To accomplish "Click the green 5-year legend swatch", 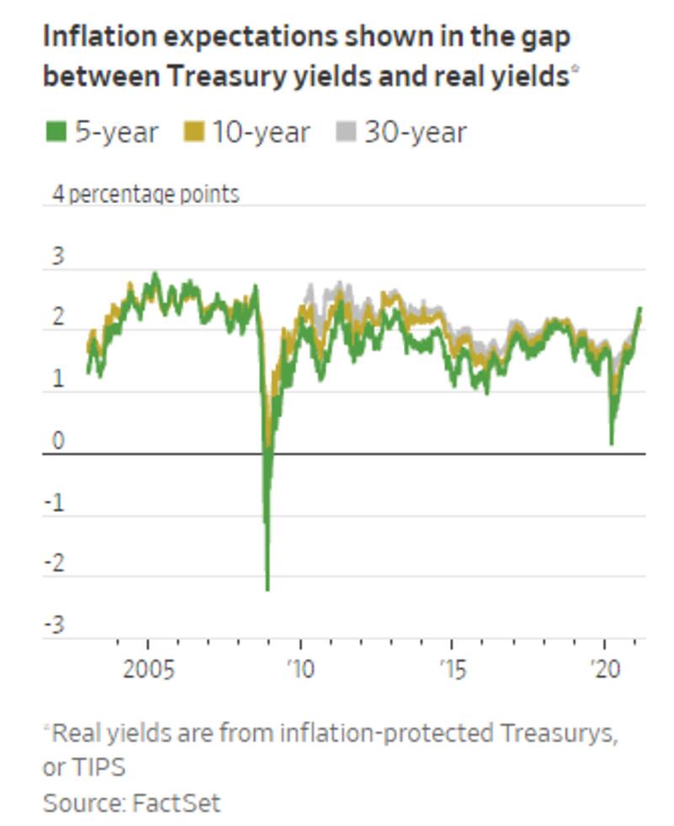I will click(x=56, y=132).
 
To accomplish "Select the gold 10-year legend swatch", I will click(x=194, y=132).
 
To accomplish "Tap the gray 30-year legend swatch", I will click(x=345, y=132).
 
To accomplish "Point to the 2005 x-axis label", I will click(x=148, y=670).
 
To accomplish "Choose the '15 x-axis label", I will click(x=452, y=670).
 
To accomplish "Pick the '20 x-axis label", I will click(x=605, y=670).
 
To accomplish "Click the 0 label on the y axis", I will click(x=57, y=441).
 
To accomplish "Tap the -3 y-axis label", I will click(x=55, y=626).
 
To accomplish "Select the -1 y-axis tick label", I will click(x=55, y=503).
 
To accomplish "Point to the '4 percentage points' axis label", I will click(x=146, y=194).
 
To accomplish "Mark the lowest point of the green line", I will click(x=267, y=589).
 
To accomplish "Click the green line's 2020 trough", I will click(x=611, y=442).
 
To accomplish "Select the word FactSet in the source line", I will click(x=176, y=802).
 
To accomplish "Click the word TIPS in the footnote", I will click(x=99, y=768).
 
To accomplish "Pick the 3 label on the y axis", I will click(x=57, y=256).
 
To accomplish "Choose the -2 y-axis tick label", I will click(x=55, y=564).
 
